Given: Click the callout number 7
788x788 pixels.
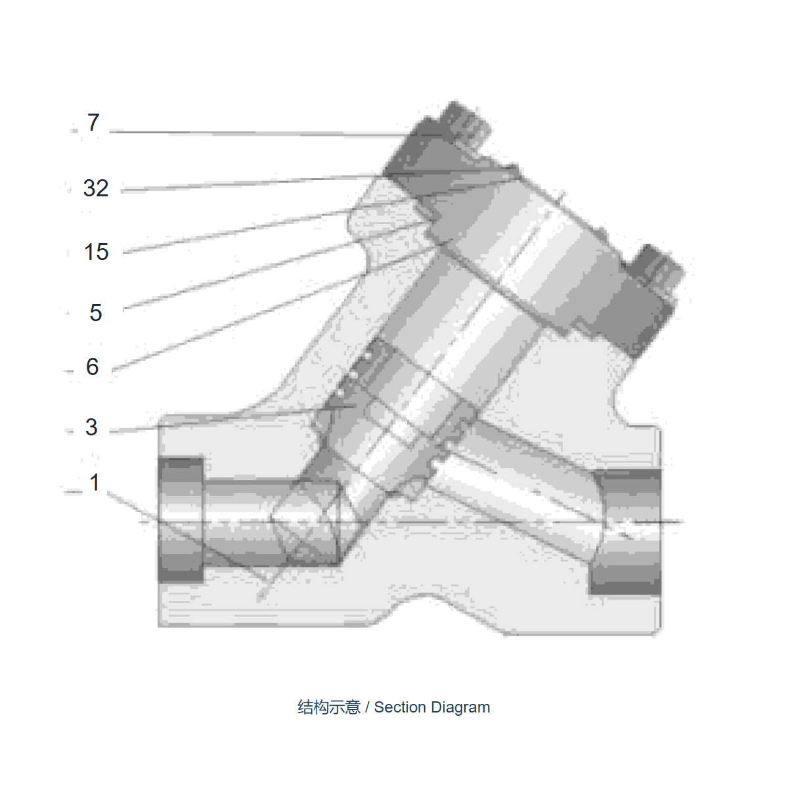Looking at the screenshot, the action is click(x=93, y=122).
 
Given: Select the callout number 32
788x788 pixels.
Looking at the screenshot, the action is click(x=96, y=188).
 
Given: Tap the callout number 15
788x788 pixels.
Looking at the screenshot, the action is click(x=97, y=252).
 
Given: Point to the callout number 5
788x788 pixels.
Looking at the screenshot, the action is click(x=96, y=313).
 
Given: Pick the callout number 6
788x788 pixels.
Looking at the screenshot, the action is click(x=93, y=366).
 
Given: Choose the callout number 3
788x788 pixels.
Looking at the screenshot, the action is click(x=91, y=427).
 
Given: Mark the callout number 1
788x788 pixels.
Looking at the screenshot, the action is click(x=95, y=482).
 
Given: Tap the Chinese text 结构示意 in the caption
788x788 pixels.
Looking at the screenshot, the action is click(x=329, y=708).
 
